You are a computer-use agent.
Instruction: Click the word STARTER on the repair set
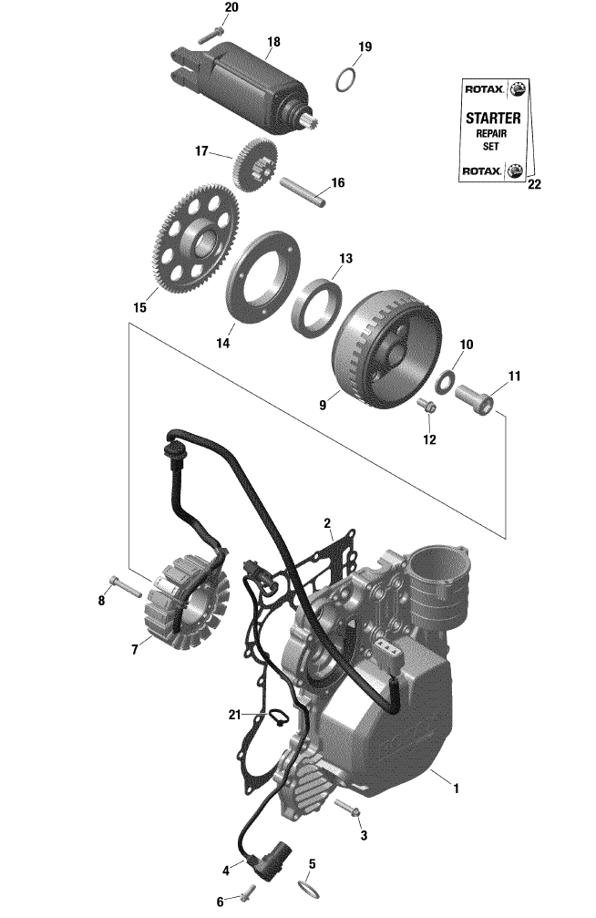(493, 119)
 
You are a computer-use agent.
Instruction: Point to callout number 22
(534, 184)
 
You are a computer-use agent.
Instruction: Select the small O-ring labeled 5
(309, 889)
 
